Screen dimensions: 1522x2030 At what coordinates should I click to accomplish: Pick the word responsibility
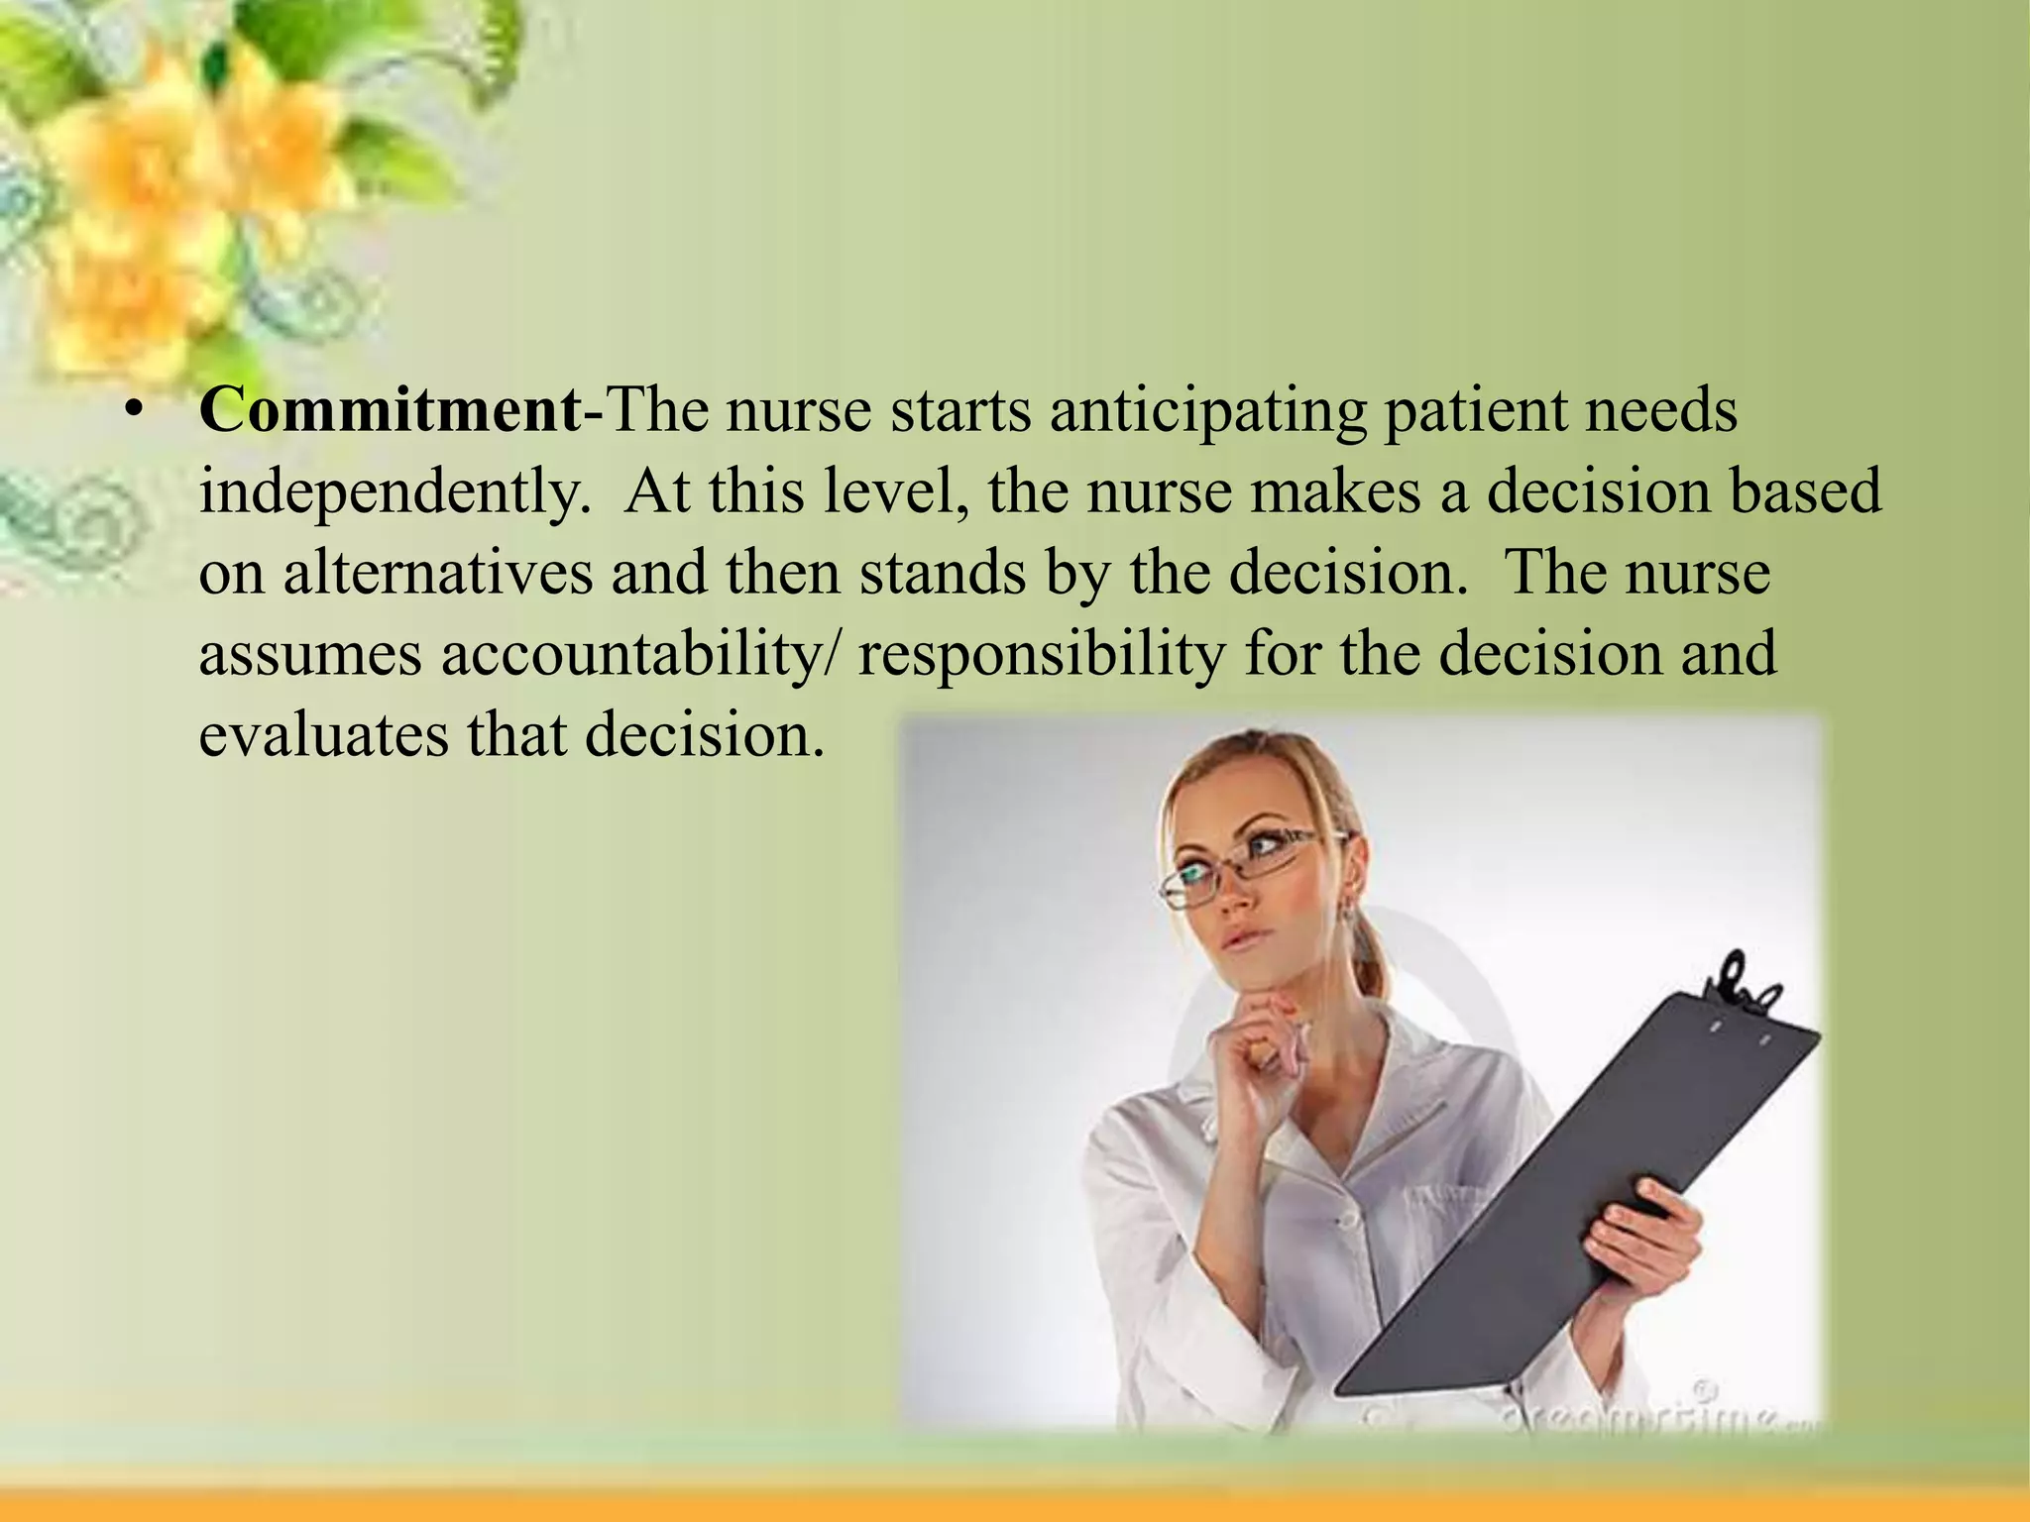click(x=1042, y=656)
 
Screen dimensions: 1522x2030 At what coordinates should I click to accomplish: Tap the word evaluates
click(x=323, y=736)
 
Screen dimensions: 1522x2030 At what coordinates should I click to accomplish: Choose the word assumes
click(x=310, y=656)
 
